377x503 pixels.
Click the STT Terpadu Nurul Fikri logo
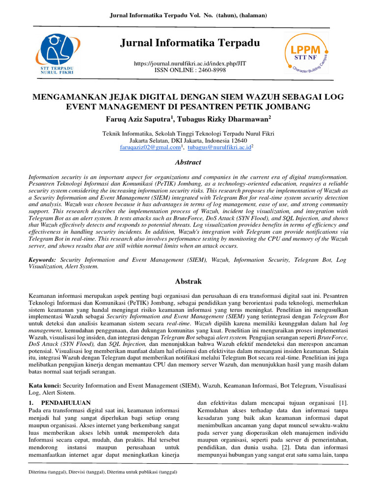coord(56,55)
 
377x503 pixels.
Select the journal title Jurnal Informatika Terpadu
coord(189,44)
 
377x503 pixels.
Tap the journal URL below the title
coord(190,64)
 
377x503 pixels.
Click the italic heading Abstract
coord(188,162)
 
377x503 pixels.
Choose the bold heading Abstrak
coord(188,281)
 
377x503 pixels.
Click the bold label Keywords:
coord(41,259)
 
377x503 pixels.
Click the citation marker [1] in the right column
coord(344,403)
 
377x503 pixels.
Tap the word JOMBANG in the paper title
coord(289,106)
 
